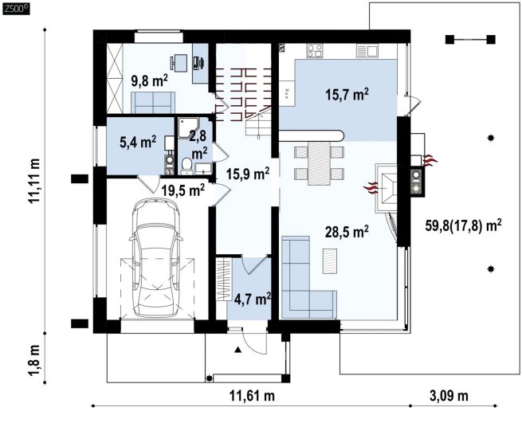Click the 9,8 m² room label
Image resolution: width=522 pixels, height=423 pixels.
coord(149,80)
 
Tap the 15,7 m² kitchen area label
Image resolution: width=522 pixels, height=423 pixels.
coord(347,94)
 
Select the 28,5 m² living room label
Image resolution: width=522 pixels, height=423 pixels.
coord(347,232)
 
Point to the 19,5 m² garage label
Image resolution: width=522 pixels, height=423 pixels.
coord(183,190)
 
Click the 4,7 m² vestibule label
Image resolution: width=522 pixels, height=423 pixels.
coord(252,299)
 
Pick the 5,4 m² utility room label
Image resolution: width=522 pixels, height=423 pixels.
coord(138,143)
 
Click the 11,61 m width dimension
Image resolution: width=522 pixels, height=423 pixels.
coord(252,396)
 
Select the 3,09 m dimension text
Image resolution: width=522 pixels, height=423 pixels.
coord(449,396)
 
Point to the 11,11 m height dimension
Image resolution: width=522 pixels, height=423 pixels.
coord(34,181)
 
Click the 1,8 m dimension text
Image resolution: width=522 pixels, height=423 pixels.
coord(34,361)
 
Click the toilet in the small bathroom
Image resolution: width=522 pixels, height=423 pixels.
coord(186,166)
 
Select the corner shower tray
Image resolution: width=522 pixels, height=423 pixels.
coord(188,127)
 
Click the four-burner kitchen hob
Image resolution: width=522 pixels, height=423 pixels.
coord(315,51)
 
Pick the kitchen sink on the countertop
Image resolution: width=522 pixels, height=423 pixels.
coord(367,51)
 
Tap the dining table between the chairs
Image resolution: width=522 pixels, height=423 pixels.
coord(320,163)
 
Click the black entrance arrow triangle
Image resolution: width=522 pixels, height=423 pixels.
coord(237,350)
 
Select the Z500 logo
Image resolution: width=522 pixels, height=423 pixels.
coord(16,10)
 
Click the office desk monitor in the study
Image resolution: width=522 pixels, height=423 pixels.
coord(199,62)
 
